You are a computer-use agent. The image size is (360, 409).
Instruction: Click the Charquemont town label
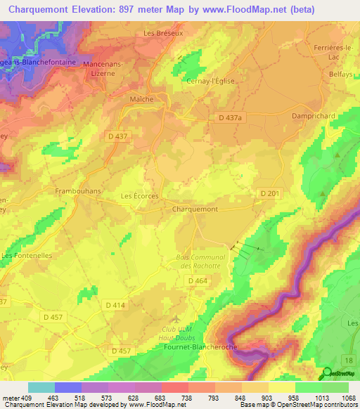pos(195,209)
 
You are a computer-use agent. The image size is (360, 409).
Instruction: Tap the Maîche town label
pos(142,99)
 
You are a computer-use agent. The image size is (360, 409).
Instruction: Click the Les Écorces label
pos(140,196)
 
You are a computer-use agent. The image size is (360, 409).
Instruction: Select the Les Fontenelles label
pos(27,256)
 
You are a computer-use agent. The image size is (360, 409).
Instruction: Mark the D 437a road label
pos(229,119)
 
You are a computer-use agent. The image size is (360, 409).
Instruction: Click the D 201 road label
pos(270,193)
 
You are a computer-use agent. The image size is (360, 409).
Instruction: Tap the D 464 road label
pos(198,280)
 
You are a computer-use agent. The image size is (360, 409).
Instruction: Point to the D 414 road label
pos(115,305)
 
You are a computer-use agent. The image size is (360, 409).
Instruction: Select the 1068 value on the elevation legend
pos(339,397)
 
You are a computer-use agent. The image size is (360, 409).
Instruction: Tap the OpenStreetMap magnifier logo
pos(326,373)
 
